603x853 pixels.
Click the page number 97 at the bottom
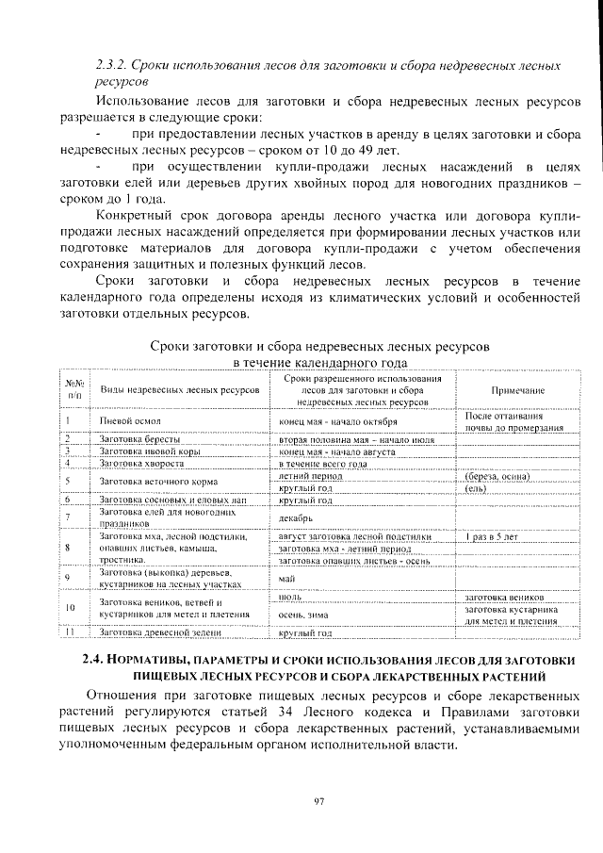pos(318,801)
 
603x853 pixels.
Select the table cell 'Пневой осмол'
pos(131,421)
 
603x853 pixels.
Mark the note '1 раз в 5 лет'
pos(492,536)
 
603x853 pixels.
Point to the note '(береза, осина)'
pos(494,478)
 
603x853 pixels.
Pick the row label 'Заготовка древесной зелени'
pos(154,632)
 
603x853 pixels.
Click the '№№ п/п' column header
pos(74,389)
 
